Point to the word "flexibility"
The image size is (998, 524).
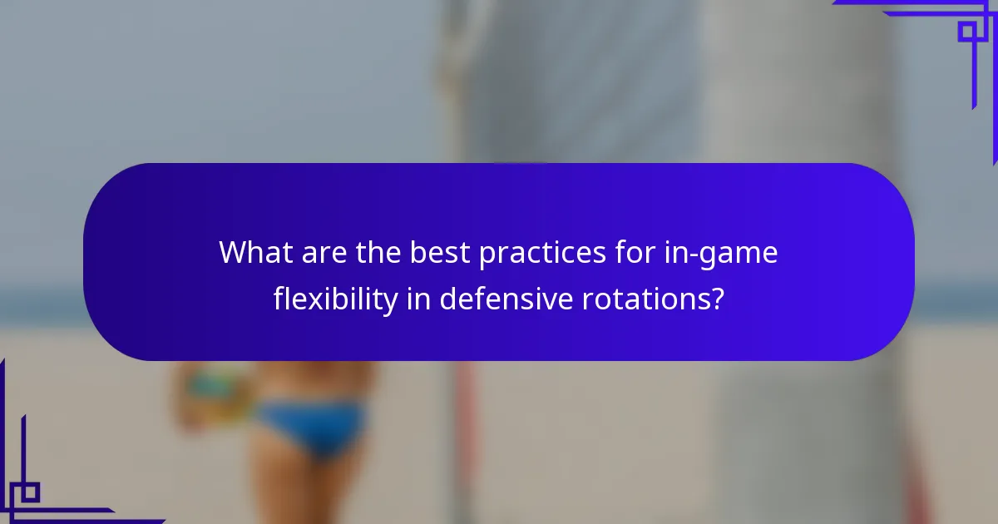(x=336, y=299)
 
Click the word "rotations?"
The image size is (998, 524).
(x=649, y=299)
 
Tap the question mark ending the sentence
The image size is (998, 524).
(x=716, y=299)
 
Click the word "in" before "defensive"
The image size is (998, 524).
(x=418, y=299)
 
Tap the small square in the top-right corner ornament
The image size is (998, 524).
(x=967, y=32)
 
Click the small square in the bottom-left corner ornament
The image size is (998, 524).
(x=30, y=492)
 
